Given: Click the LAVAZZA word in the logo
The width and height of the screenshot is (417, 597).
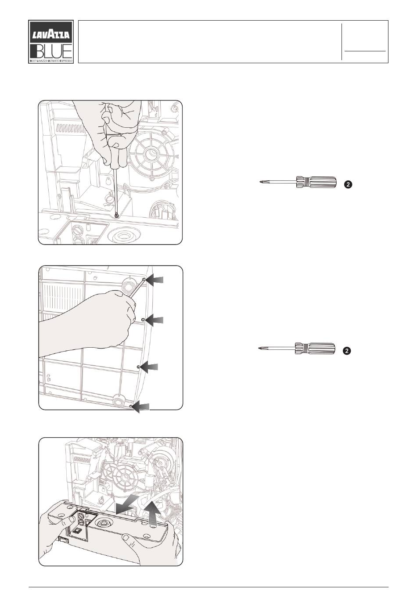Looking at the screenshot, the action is (x=51, y=35).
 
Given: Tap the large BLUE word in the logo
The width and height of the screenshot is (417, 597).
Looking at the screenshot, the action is (x=51, y=51).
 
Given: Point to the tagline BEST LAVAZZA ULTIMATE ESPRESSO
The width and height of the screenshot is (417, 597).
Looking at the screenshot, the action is (x=51, y=61).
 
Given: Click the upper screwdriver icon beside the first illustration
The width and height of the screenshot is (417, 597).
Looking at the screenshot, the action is (x=298, y=182).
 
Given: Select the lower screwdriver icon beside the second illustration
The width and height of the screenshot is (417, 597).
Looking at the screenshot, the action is (x=297, y=349).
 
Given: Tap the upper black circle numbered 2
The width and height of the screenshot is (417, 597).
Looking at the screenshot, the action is (x=348, y=184).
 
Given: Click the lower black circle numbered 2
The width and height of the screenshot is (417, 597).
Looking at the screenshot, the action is (x=346, y=351).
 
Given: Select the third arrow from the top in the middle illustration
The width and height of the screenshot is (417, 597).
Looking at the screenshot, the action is (x=149, y=367).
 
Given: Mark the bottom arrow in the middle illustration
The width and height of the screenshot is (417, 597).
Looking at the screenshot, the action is (x=141, y=407).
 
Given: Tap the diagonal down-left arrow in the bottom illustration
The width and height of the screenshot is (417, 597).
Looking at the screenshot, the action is (x=128, y=504).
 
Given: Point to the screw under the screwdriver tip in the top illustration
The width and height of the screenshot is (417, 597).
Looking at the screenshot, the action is (x=116, y=215).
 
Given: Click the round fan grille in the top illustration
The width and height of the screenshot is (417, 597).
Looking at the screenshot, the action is (x=151, y=155).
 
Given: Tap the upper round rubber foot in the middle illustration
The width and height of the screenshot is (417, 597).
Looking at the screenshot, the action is (x=129, y=285).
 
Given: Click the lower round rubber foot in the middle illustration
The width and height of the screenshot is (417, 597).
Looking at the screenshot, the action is (x=119, y=401).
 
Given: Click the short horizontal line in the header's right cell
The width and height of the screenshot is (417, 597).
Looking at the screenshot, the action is (x=365, y=50).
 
